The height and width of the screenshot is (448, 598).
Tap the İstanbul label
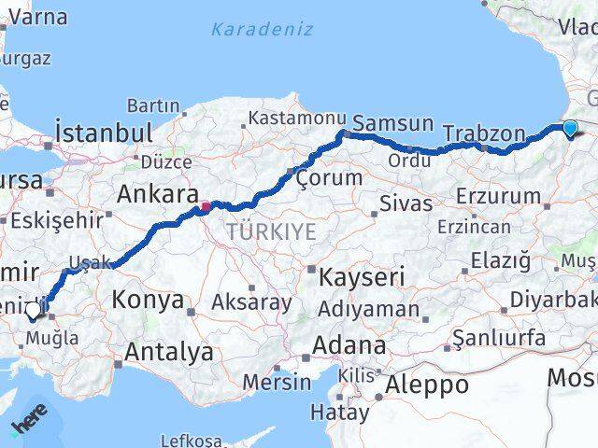[103, 132]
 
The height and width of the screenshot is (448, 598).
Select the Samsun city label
[392, 122]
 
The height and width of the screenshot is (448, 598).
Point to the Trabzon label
[484, 133]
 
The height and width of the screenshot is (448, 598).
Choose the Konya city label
[148, 300]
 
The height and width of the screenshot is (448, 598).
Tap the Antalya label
[168, 353]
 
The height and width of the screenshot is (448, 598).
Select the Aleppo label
[426, 384]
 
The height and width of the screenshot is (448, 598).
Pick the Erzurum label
[499, 197]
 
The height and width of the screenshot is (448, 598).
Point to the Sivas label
[406, 203]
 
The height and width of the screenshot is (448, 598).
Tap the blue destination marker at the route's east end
[571, 130]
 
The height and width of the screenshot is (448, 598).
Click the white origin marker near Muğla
[34, 310]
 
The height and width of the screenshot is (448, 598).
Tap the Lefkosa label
[192, 440]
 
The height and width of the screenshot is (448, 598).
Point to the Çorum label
[328, 177]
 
